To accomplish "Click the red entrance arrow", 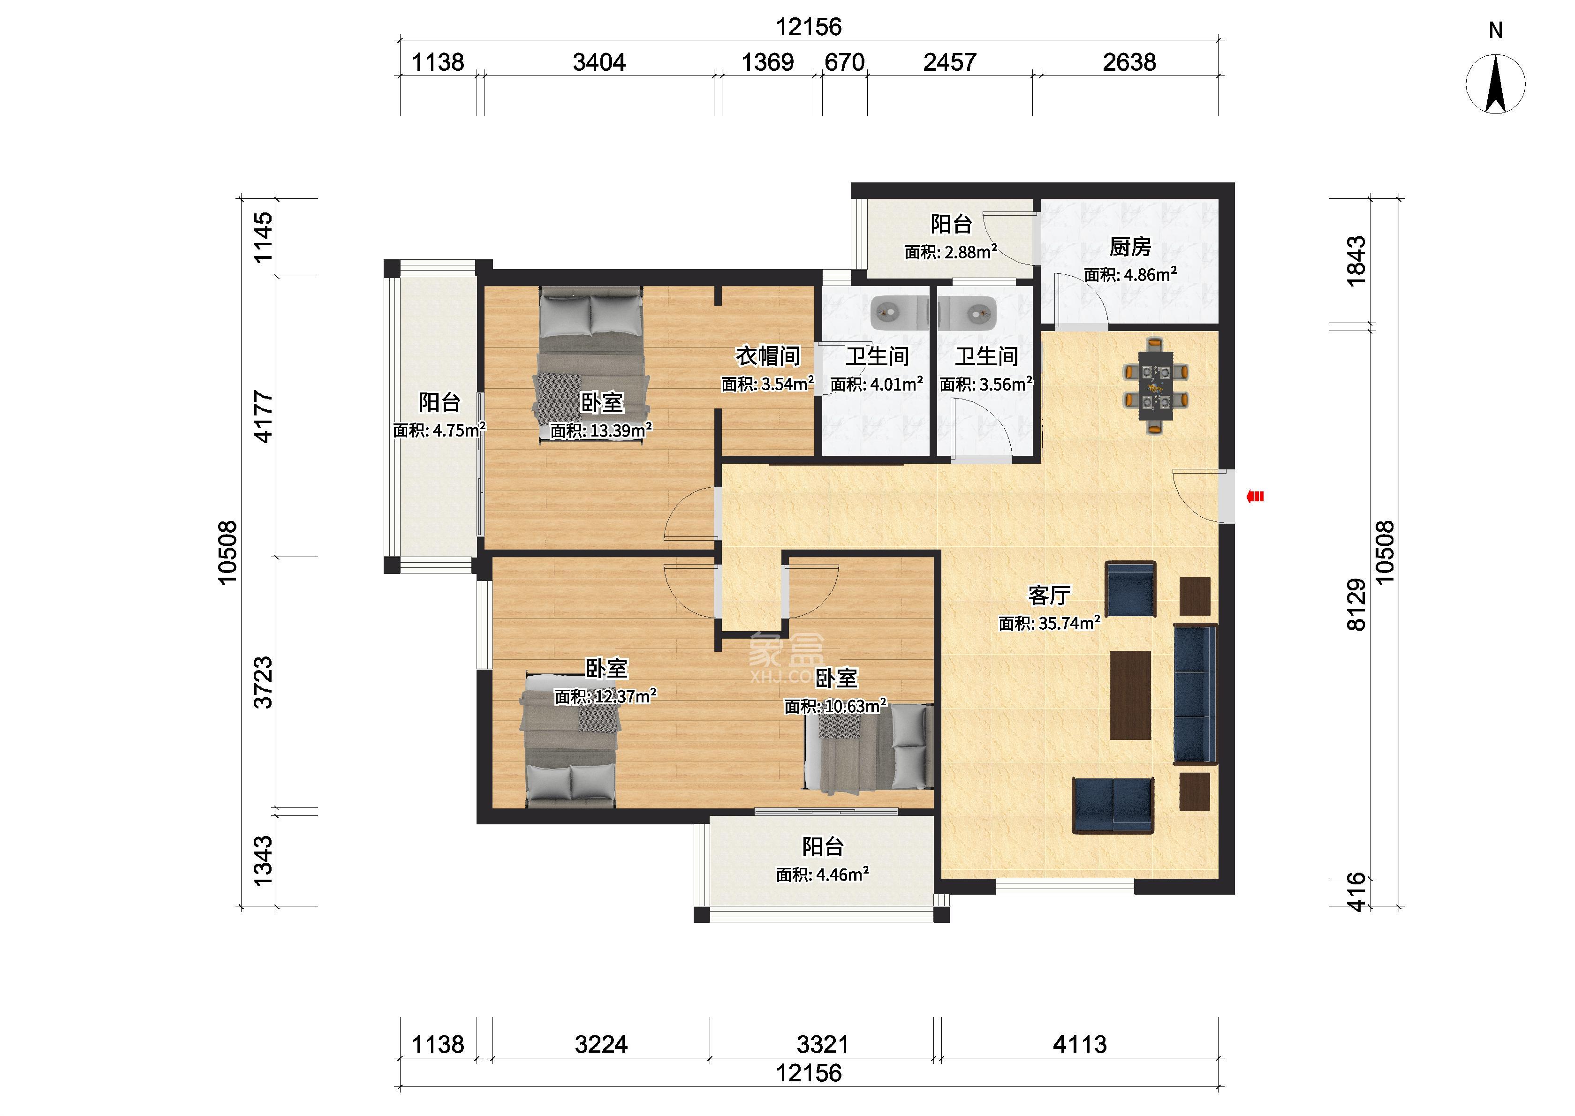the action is pyautogui.click(x=1255, y=496).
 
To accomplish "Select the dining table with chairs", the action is pyautogui.click(x=1157, y=385).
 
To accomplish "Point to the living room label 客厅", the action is pyautogui.click(x=1049, y=595).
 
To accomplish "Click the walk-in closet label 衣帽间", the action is pyautogui.click(x=768, y=356).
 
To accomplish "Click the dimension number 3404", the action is pyautogui.click(x=599, y=62).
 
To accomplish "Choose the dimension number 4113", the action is pyautogui.click(x=1080, y=1045).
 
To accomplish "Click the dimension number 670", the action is pyautogui.click(x=845, y=62).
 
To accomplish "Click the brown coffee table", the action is pyautogui.click(x=1130, y=695).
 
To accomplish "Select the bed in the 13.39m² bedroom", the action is pyautogui.click(x=591, y=365).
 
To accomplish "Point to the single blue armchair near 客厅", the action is pyautogui.click(x=1130, y=589).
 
